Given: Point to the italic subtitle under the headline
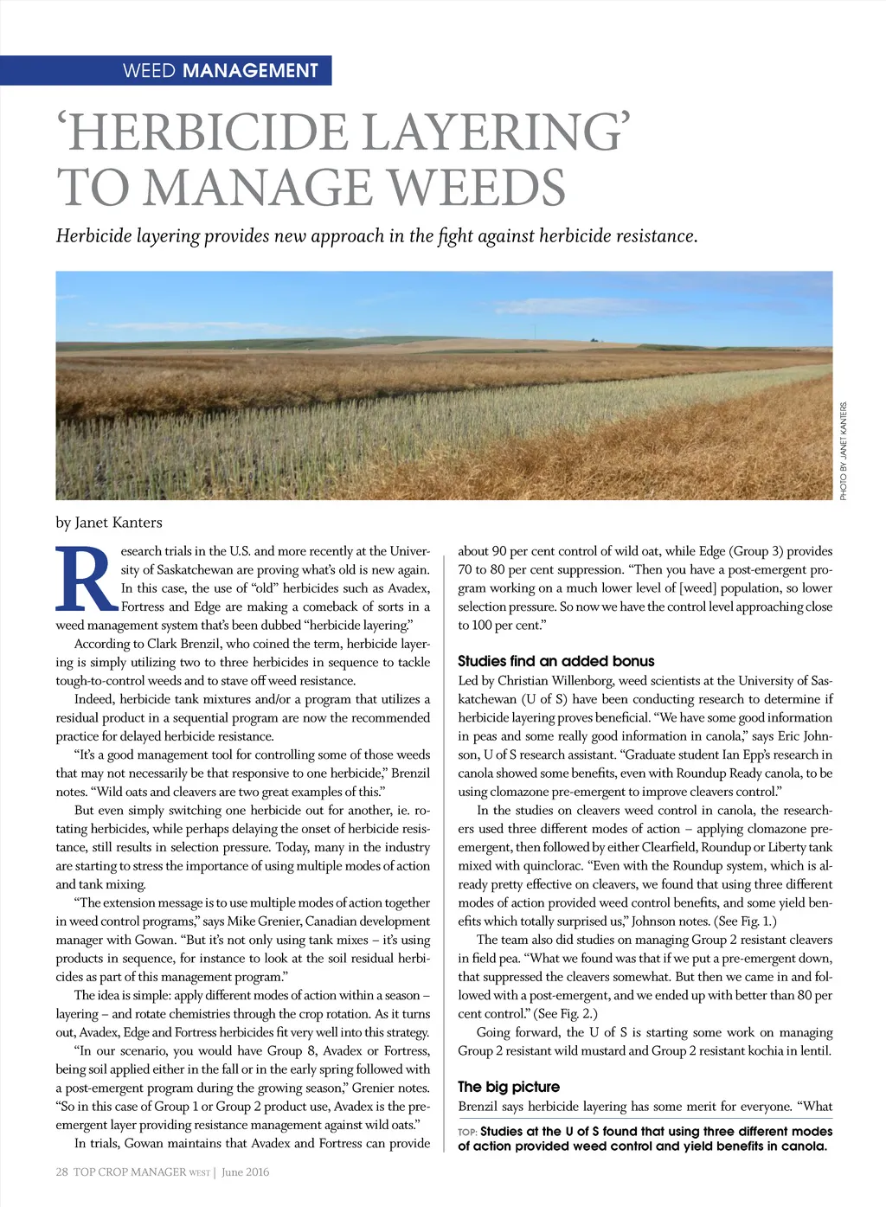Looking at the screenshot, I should (376, 236).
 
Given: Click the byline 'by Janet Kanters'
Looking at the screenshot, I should (109, 523).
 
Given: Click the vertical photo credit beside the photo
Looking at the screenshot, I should (844, 451).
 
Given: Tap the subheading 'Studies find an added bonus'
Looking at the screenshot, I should (555, 661).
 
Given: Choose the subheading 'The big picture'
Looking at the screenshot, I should (509, 1087).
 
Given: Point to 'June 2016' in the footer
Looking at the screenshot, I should (245, 1172).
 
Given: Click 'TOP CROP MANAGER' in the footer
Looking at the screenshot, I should (130, 1172).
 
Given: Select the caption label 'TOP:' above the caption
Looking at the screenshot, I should (467, 1132).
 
